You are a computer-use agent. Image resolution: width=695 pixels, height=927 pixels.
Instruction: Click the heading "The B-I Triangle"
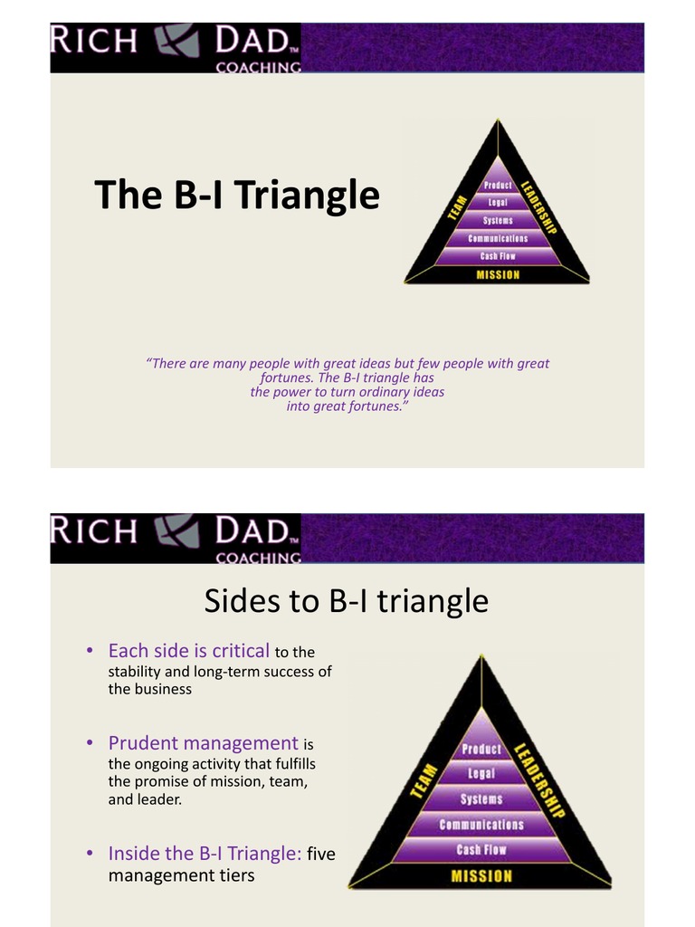[237, 195]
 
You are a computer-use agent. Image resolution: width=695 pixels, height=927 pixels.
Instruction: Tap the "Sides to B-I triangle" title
[347, 600]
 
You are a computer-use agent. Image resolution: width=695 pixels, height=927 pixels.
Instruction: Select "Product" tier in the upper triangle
[497, 186]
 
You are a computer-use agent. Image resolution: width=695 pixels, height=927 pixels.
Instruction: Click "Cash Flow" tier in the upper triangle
[498, 256]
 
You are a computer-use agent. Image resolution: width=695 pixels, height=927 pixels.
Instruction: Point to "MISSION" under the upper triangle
[499, 274]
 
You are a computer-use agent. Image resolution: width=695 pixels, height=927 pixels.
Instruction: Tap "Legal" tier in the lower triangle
[481, 774]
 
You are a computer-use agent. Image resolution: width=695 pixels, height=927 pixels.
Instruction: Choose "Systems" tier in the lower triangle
[481, 799]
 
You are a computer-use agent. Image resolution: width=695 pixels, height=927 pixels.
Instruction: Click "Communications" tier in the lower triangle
[481, 825]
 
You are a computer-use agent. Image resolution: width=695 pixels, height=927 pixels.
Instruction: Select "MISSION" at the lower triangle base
[481, 875]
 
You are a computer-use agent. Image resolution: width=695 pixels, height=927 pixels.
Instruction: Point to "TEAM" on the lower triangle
[424, 780]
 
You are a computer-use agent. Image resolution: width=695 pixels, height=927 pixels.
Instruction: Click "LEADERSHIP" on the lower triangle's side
[540, 780]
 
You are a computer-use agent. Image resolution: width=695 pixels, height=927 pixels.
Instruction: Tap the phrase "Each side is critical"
[188, 650]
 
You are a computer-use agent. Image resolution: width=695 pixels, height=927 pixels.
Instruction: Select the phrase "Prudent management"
[203, 743]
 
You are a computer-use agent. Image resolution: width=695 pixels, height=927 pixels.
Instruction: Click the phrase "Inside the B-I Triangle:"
[205, 853]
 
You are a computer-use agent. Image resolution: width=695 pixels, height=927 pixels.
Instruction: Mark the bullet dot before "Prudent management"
[90, 743]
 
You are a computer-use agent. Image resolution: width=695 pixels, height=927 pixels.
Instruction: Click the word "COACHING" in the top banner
[259, 67]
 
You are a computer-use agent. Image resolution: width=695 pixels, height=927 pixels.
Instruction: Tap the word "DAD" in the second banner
[254, 530]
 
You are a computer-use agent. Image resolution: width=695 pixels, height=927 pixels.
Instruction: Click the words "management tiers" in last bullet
[181, 875]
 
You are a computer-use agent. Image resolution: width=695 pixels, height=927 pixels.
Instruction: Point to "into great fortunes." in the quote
[347, 406]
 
